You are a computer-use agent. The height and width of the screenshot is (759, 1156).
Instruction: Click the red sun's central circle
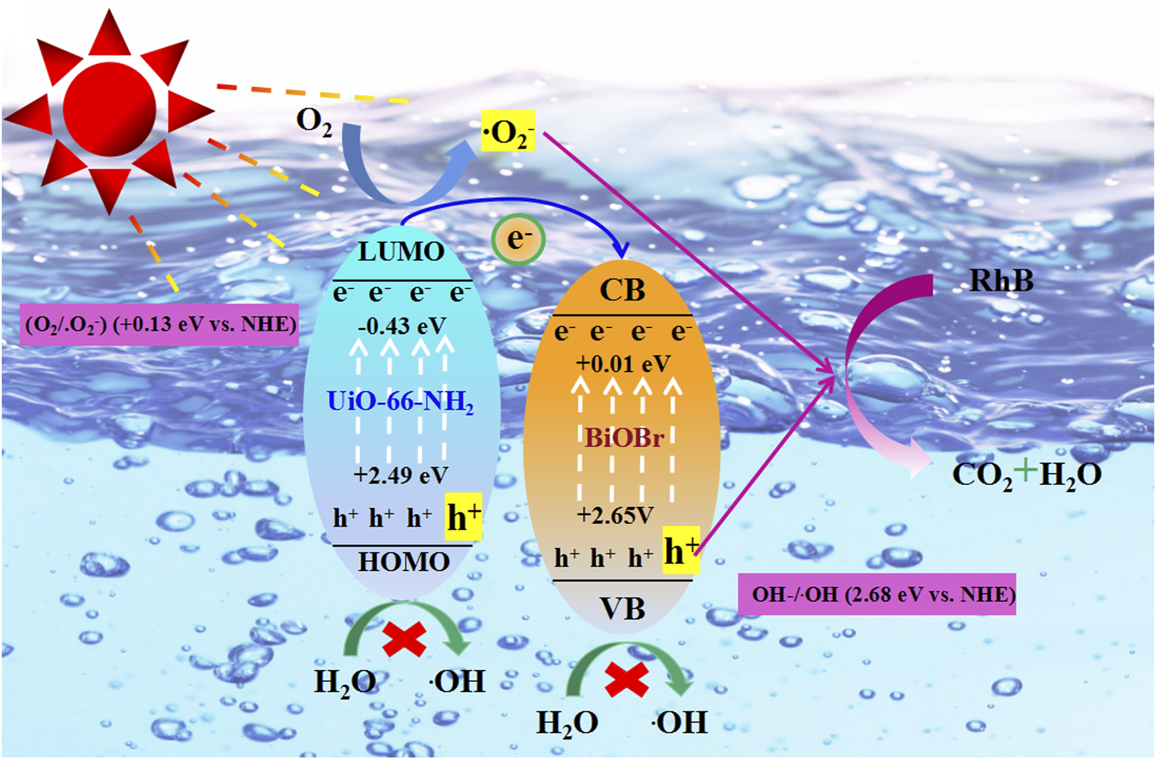109,109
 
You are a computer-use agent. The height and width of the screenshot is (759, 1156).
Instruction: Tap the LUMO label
401,252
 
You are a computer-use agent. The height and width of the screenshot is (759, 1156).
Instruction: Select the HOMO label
403,562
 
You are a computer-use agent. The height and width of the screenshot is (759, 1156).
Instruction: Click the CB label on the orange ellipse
622,290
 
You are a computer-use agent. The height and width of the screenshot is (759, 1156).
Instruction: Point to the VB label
622,609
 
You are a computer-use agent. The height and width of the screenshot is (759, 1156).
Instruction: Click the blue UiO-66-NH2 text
400,402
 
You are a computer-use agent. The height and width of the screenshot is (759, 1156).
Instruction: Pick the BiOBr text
624,438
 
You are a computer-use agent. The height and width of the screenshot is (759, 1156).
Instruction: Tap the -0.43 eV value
402,327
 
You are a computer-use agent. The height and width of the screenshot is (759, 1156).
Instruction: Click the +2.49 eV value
400,475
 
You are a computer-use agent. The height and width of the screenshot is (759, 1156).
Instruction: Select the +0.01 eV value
623,364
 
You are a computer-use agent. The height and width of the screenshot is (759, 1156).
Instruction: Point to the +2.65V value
615,516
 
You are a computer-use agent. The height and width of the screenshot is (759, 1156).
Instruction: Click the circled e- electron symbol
518,239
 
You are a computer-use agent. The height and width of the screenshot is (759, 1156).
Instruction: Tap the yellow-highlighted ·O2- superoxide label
508,131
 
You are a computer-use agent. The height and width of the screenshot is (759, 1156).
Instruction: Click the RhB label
1000,280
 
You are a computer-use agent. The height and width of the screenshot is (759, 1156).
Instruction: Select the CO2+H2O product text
1026,474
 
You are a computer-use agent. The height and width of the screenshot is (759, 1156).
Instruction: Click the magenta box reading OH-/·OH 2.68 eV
876,595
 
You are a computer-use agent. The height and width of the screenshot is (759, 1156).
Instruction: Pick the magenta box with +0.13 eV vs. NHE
159,325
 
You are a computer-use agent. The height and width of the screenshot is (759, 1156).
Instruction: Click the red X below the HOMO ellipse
404,638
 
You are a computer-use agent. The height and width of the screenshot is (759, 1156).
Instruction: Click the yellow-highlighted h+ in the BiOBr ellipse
681,551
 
